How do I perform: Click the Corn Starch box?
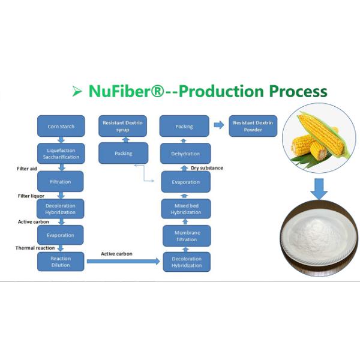pyautogui.click(x=61, y=127)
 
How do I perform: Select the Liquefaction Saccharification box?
pyautogui.click(x=61, y=153)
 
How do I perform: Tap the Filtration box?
pyautogui.click(x=61, y=181)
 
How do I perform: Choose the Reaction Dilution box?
pyautogui.click(x=61, y=262)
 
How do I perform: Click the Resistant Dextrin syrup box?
pyautogui.click(x=124, y=126)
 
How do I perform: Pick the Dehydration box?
pyautogui.click(x=185, y=154)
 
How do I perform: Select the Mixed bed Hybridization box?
pyautogui.click(x=186, y=209)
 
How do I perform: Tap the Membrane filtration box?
pyautogui.click(x=186, y=236)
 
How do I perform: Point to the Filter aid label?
pyautogui.click(x=26, y=169)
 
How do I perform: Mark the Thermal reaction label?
pyautogui.click(x=35, y=248)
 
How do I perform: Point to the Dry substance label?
pyautogui.click(x=207, y=168)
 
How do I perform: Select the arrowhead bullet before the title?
pyautogui.click(x=77, y=91)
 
